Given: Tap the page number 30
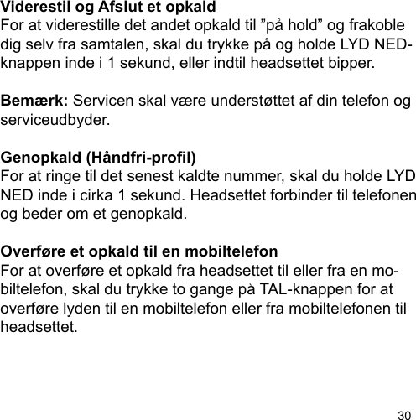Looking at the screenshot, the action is point(403,412).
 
